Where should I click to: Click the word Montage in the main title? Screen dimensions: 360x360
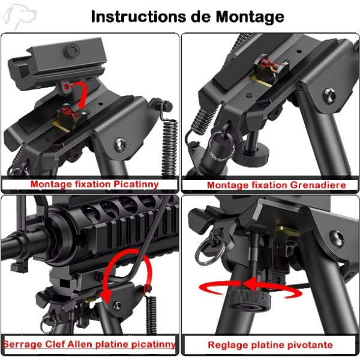(250, 17)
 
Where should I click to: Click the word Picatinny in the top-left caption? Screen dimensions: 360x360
(136, 185)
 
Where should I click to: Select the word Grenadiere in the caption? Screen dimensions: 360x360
(318, 185)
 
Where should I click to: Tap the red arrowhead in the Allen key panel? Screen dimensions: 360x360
(106, 296)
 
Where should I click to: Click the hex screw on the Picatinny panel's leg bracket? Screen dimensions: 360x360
(121, 144)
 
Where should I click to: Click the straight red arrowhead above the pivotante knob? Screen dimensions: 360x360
(250, 284)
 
